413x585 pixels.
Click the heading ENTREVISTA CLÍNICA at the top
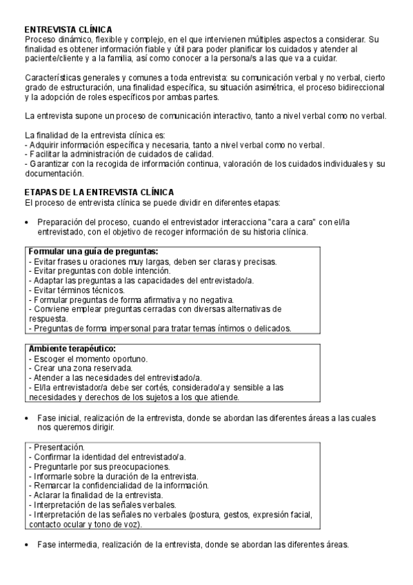point(68,30)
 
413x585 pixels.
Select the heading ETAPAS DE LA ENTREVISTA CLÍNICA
point(99,191)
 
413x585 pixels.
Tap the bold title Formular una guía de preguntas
point(94,251)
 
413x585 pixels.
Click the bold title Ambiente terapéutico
point(72,349)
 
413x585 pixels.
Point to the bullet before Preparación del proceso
point(26,223)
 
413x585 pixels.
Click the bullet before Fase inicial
point(26,418)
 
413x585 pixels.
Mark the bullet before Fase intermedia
point(26,544)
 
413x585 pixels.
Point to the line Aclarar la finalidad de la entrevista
point(98,495)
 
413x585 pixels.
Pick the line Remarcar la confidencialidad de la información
point(119,486)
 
